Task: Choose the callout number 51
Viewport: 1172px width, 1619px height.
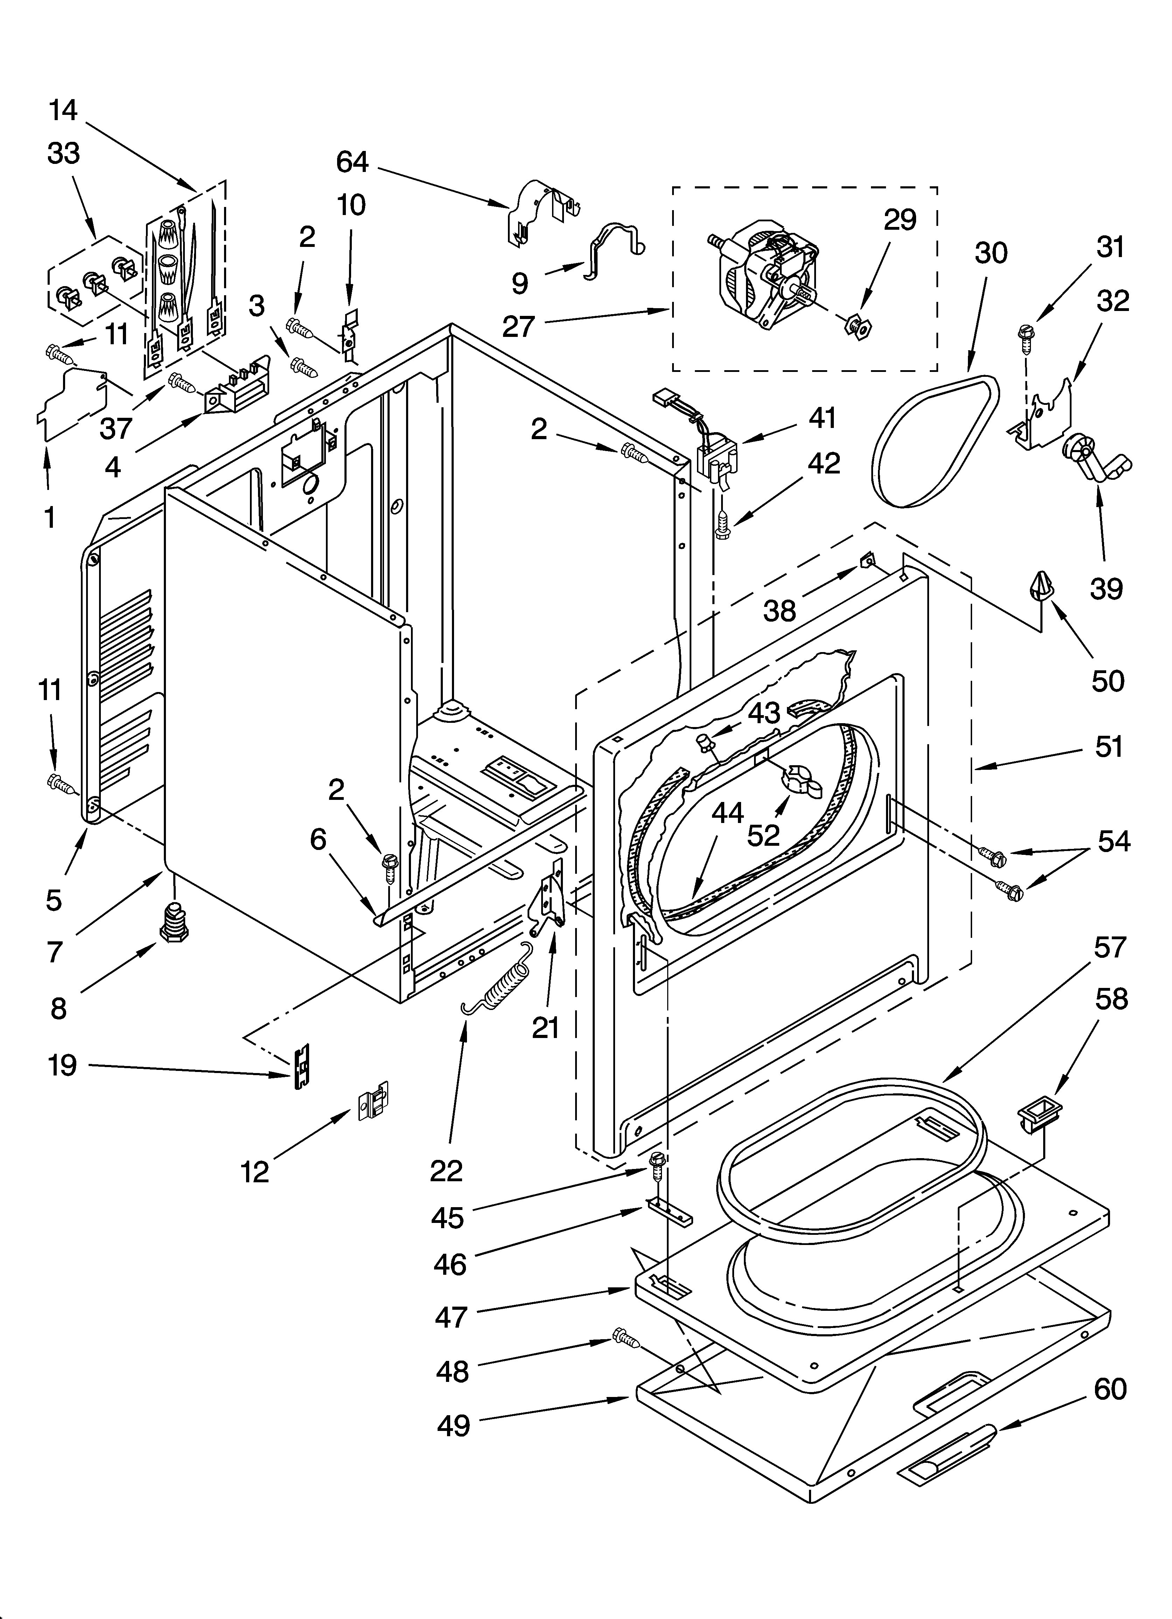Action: pos(1109,747)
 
